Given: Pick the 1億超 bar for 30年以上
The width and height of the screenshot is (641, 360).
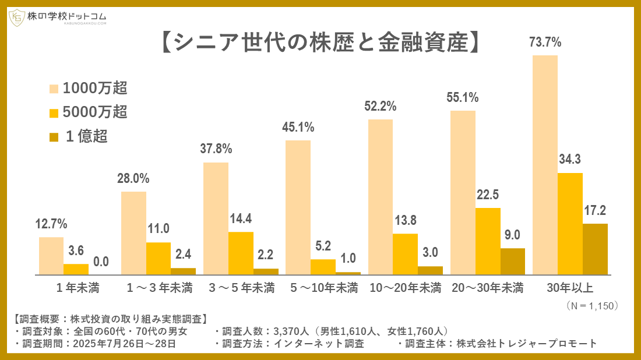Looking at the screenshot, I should (595, 249).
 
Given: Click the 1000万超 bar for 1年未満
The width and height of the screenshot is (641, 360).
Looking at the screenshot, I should (51, 256).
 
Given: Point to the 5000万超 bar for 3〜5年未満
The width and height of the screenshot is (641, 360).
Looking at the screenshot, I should (241, 253).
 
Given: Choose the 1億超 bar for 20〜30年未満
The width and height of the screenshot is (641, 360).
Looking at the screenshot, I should (513, 261).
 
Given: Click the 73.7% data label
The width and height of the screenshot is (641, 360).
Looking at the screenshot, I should (545, 43).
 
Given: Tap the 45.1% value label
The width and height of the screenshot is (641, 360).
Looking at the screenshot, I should (298, 127).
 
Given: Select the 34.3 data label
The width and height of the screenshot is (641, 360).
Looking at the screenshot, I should (570, 160).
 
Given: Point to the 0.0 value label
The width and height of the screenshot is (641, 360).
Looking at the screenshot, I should (101, 262).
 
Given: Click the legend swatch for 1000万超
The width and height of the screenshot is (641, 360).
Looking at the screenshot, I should (54, 89).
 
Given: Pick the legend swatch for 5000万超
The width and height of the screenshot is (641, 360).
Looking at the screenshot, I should (54, 112).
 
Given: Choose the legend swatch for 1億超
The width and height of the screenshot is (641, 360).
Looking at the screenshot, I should (54, 137).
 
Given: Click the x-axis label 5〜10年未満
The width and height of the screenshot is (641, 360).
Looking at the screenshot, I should (324, 288).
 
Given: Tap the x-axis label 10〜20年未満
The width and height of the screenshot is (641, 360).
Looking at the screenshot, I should (406, 288).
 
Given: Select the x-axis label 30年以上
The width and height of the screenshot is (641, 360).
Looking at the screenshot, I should (570, 288).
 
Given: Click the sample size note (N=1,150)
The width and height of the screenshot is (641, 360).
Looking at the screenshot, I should (591, 305).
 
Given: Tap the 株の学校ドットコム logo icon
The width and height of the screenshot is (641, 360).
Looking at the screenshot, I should (16, 18).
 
